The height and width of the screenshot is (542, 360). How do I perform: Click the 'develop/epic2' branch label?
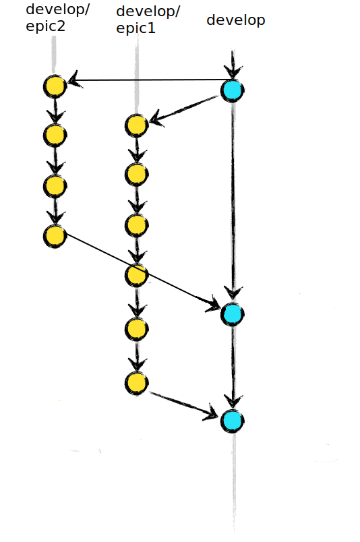coord(57,18)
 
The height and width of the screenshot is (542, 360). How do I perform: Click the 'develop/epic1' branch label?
coord(148,20)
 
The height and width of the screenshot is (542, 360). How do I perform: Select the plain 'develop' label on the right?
coord(236,20)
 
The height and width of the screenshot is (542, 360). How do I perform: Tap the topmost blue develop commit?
coord(233,90)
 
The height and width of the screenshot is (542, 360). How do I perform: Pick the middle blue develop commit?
coord(233,314)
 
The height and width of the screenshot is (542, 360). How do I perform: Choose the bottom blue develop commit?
coord(233,421)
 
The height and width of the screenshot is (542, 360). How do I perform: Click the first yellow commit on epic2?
coord(55,86)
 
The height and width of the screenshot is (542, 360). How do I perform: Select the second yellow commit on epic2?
coord(55,135)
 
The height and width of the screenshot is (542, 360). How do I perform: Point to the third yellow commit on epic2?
coord(55,186)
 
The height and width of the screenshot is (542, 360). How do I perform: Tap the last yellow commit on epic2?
coord(55,236)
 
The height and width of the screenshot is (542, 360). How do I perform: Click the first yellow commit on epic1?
coord(137,125)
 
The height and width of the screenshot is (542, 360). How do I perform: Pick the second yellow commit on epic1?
coord(137,175)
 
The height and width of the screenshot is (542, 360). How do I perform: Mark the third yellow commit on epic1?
coord(137,225)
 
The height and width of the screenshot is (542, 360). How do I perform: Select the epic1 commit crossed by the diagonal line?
coord(137,275)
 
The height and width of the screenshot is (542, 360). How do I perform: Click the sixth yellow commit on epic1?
coord(137,329)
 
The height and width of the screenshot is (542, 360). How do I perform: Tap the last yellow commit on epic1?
coord(137,383)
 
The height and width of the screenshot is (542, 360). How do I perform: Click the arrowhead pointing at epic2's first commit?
coord(73,80)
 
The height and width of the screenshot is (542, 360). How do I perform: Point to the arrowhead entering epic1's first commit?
coord(156,119)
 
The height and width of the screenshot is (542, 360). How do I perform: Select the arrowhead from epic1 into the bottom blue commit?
coord(212,413)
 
